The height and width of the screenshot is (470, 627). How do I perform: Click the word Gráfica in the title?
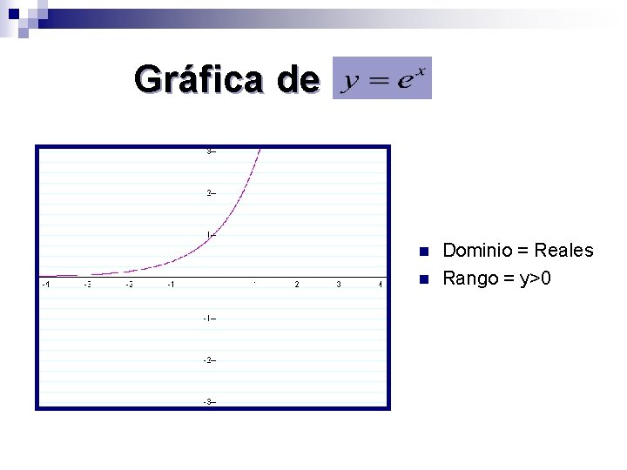click(x=199, y=79)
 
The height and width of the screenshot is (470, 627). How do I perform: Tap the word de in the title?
click(x=297, y=79)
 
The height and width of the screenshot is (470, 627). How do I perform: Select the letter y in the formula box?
click(x=353, y=82)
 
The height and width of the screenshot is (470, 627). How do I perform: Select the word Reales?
click(x=563, y=251)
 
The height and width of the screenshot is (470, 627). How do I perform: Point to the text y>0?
click(x=533, y=279)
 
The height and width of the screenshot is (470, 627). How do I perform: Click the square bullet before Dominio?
click(x=424, y=252)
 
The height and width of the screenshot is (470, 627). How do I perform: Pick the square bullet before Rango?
click(x=424, y=279)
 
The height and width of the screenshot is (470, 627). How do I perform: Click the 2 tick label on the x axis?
click(x=297, y=284)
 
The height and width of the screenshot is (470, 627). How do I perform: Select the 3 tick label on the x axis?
click(x=339, y=284)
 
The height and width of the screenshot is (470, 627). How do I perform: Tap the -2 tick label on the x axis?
click(x=129, y=284)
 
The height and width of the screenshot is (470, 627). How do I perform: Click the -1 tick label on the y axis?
click(x=208, y=318)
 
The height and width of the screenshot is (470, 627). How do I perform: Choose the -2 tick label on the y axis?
click(x=208, y=359)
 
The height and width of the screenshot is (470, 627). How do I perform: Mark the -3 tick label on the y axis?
click(x=208, y=401)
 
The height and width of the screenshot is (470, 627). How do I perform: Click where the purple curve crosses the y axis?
click(x=212, y=235)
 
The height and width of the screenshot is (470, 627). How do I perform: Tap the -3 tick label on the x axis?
click(x=87, y=284)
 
